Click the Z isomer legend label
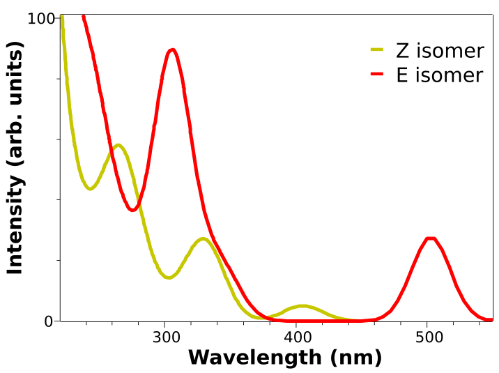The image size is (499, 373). pos(440,51)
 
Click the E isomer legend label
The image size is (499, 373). pos(440,75)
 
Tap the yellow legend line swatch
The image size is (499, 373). pos(377,50)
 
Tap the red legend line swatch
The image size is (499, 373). pos(377,74)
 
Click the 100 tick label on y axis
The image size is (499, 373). pos(40,19)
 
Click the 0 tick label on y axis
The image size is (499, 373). pos(49,321)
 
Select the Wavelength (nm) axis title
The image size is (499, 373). pos(285,358)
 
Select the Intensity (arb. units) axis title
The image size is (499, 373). pos(15,158)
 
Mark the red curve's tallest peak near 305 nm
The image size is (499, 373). pos(171,50)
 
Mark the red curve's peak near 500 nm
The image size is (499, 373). pos(431,238)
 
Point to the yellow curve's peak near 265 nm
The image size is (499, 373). pos(118,145)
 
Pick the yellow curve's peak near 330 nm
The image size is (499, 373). pos(203,238)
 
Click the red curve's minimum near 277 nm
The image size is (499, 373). pos(133,210)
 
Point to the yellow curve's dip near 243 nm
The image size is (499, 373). pos(90,189)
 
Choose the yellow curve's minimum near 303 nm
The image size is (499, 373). pos(168,277)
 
